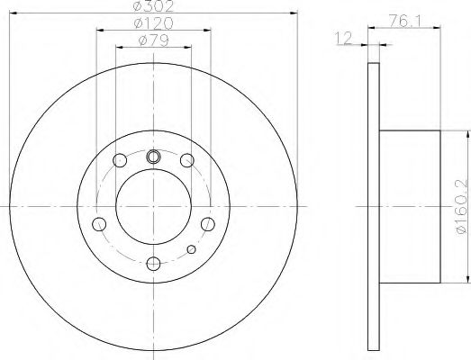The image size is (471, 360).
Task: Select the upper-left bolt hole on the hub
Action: (120, 160)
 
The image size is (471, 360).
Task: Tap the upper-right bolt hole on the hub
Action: (186, 160)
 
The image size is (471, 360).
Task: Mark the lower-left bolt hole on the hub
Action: (100, 224)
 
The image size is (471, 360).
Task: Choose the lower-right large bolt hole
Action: (207, 224)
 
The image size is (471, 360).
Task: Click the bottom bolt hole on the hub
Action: (153, 263)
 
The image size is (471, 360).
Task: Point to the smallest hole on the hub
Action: (190, 249)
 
